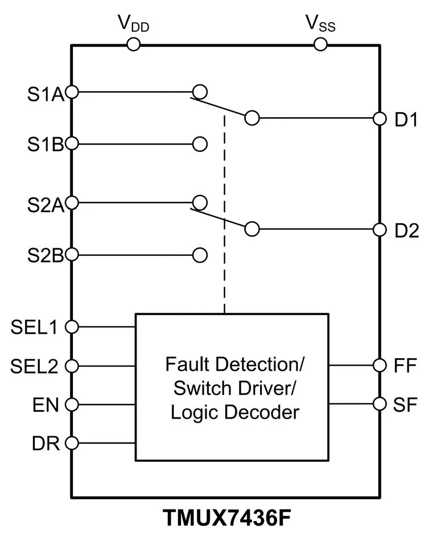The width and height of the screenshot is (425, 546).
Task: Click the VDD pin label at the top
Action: (x=133, y=23)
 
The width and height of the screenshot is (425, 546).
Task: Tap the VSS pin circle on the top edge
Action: (x=321, y=44)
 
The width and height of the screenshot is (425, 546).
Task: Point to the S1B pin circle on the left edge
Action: (x=72, y=143)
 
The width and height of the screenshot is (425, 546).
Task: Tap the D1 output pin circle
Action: (x=379, y=118)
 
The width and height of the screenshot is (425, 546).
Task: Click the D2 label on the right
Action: (x=406, y=230)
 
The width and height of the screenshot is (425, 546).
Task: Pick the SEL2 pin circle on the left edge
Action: (x=72, y=366)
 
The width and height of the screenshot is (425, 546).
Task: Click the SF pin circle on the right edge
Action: (x=379, y=403)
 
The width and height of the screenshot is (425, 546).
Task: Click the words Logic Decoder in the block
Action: (x=234, y=412)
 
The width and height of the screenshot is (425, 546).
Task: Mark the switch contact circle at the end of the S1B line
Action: (x=200, y=143)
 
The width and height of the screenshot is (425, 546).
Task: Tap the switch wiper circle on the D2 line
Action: (x=252, y=229)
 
